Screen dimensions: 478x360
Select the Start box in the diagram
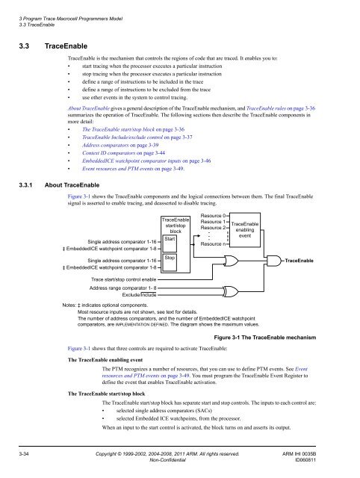coord(171,218)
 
